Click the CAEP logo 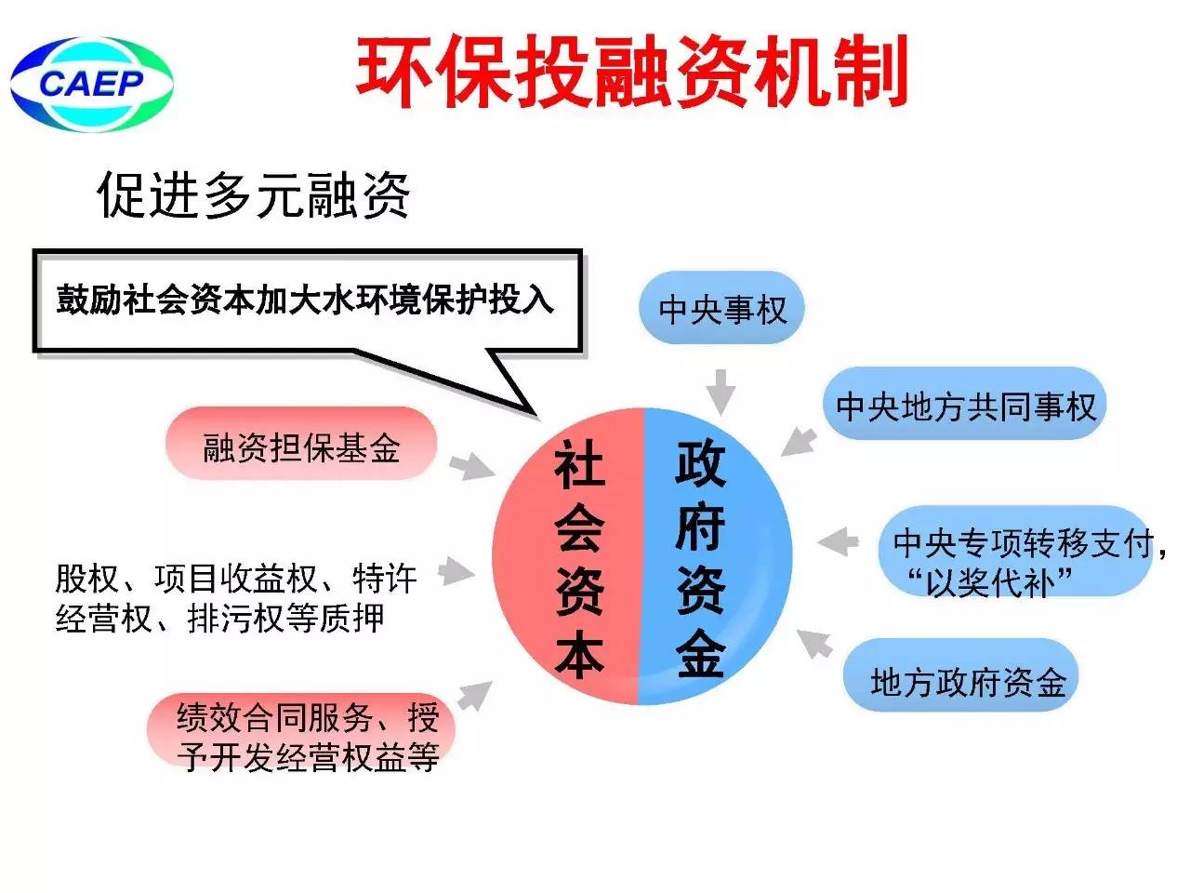pyautogui.click(x=92, y=84)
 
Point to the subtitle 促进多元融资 pyautogui.click(x=253, y=194)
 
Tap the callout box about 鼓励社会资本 pyautogui.click(x=308, y=301)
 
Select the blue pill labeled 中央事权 pyautogui.click(x=721, y=307)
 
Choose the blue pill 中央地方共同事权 pyautogui.click(x=964, y=404)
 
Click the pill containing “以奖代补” pyautogui.click(x=1015, y=551)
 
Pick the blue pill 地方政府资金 pyautogui.click(x=960, y=674)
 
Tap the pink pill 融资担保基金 pyautogui.click(x=301, y=443)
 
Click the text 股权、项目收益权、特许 pyautogui.click(x=236, y=579)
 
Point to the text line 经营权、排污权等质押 pyautogui.click(x=220, y=618)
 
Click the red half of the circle pyautogui.click(x=567, y=556)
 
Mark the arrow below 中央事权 pyautogui.click(x=721, y=392)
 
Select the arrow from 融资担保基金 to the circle pyautogui.click(x=472, y=467)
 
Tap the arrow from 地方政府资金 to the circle pyautogui.click(x=814, y=644)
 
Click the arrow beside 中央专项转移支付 pyautogui.click(x=839, y=540)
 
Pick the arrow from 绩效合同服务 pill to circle pyautogui.click(x=475, y=696)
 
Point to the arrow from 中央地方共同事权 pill pyautogui.click(x=800, y=443)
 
